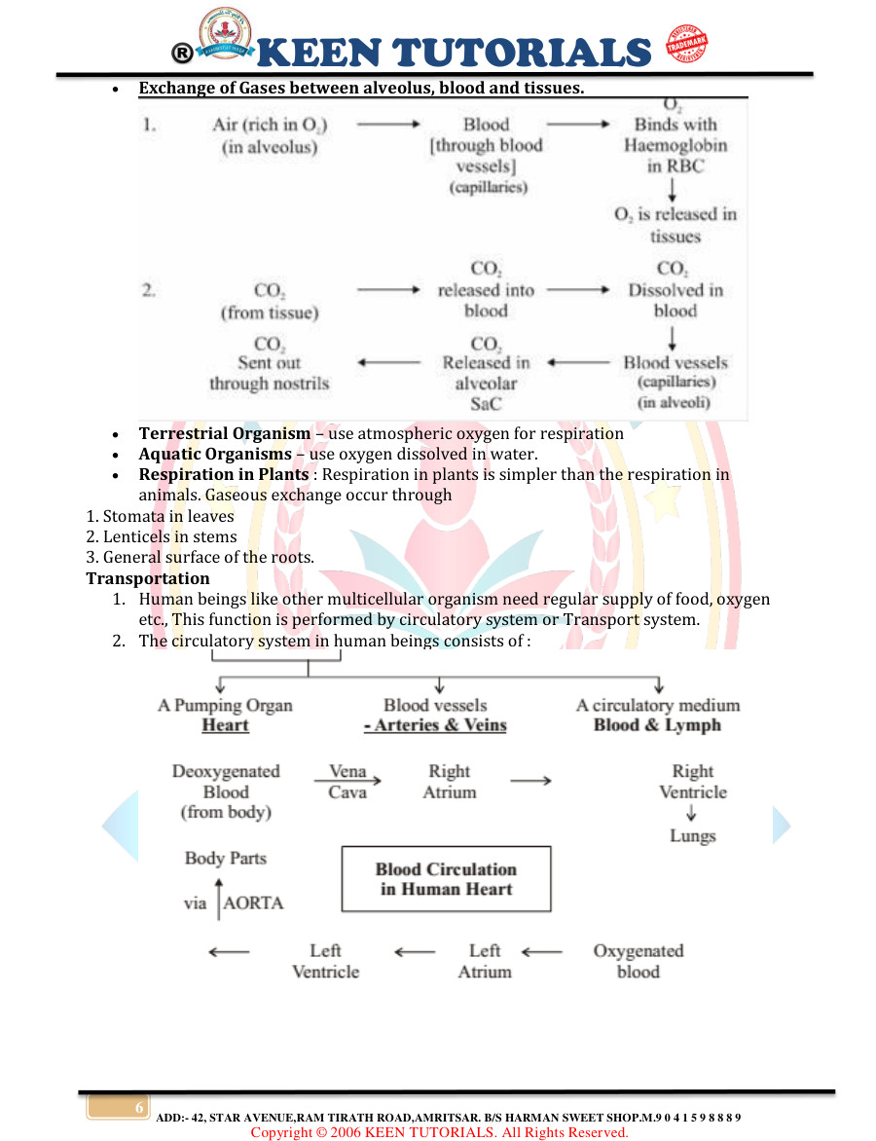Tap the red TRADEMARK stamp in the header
pos(686,46)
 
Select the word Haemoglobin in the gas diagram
pos(675,145)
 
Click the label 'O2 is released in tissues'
pos(675,225)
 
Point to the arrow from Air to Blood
pos(387,125)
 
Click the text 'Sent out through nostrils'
pos(270,373)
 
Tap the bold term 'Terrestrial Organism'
pos(225,433)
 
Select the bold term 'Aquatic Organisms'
pos(215,454)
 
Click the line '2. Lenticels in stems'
pos(162,536)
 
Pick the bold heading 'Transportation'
pos(148,578)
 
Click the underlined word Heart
pos(225,725)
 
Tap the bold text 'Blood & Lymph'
pos(657,725)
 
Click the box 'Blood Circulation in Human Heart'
pos(446,878)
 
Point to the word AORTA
pos(253,902)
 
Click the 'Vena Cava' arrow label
pos(347,782)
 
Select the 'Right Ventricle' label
pos(692,782)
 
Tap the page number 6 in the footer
pos(139,1109)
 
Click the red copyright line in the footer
pos(439,1132)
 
